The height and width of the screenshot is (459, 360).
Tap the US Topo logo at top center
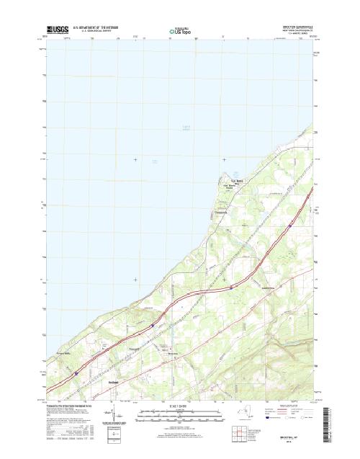click(x=180, y=32)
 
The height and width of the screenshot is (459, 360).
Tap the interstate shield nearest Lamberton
click(x=231, y=286)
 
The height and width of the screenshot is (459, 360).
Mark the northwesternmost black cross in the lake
click(x=135, y=159)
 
